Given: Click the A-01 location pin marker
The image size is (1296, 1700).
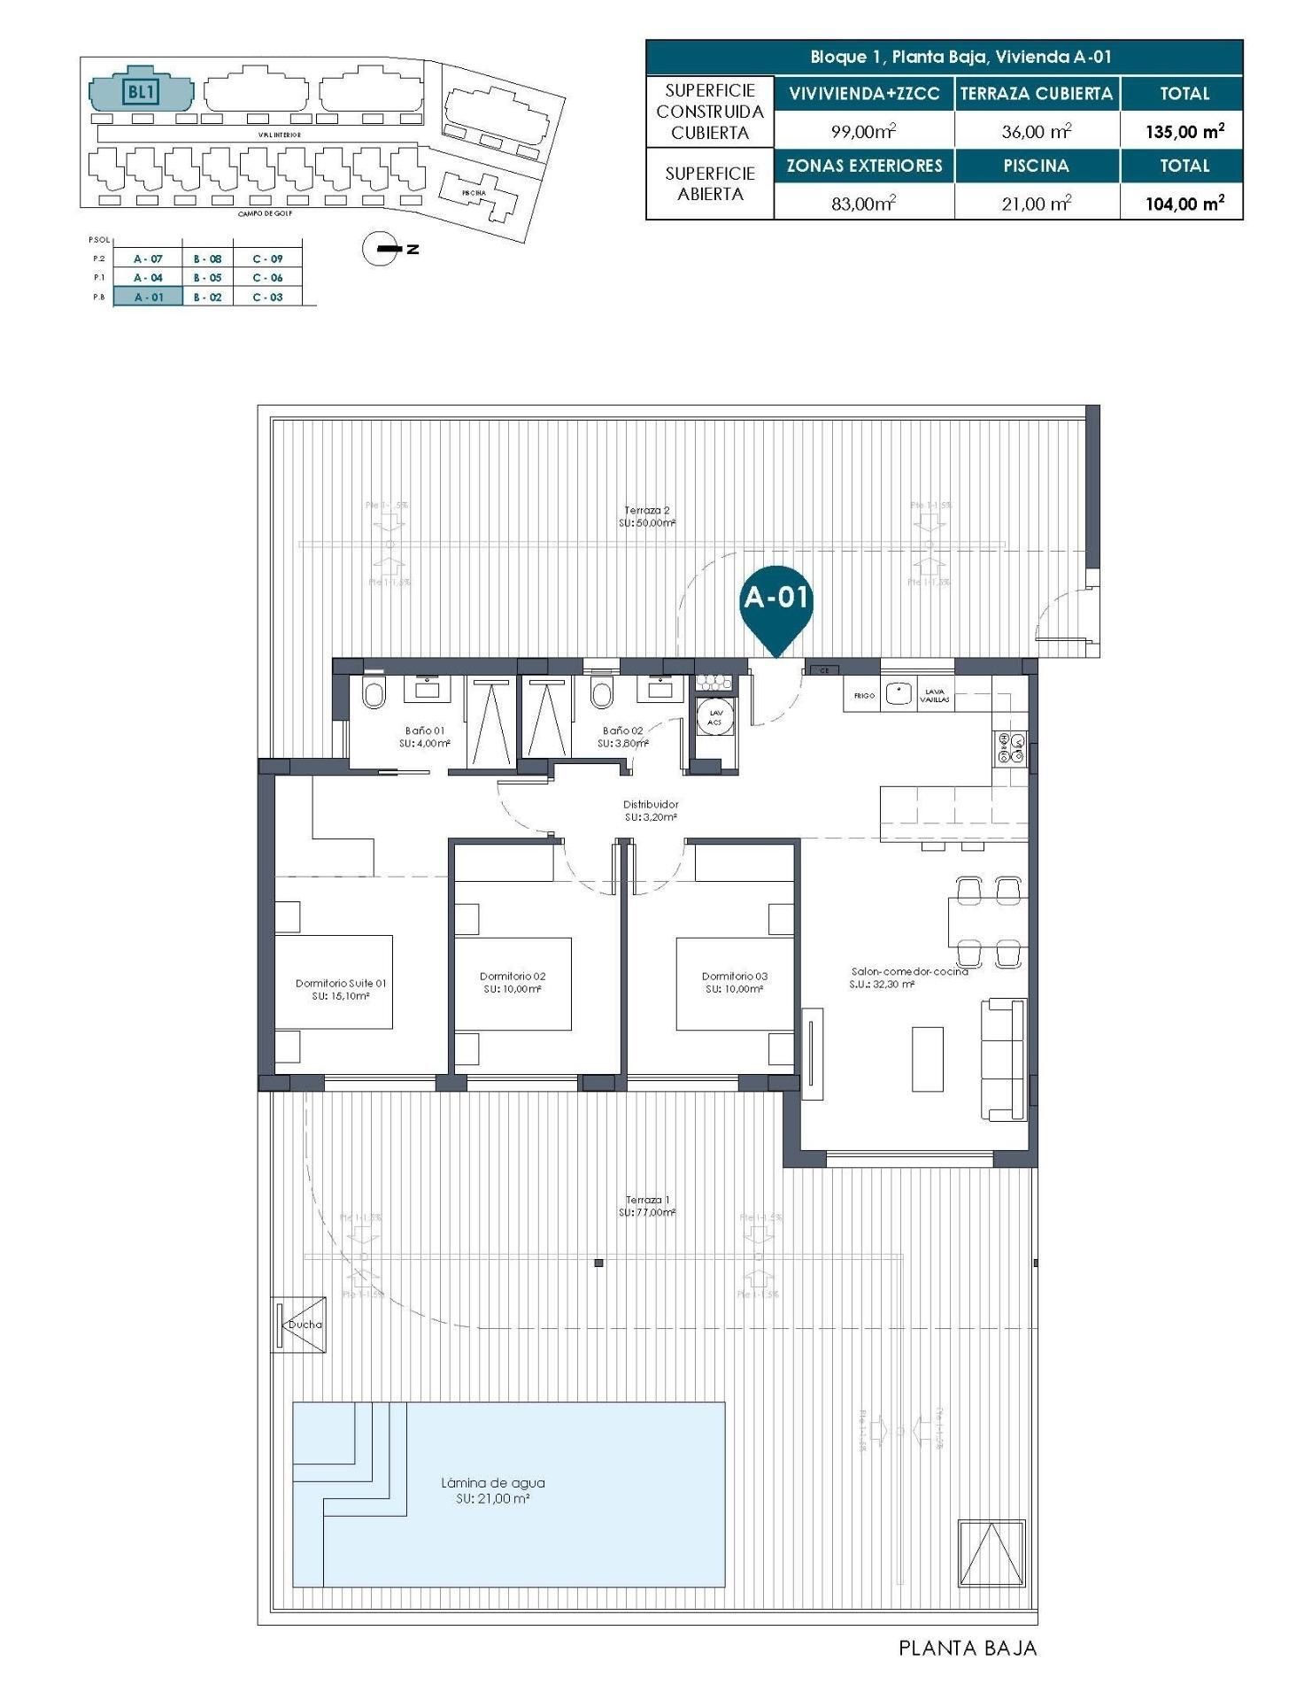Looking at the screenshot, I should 775,600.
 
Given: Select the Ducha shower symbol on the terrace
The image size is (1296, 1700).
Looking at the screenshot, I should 298,1324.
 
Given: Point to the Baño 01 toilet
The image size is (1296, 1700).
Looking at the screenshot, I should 374,694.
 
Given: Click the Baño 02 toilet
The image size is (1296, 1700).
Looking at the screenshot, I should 602,694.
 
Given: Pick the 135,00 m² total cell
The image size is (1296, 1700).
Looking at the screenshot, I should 1184,132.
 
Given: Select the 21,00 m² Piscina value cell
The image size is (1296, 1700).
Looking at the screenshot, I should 1036,204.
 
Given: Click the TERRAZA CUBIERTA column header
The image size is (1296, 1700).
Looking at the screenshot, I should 1036,94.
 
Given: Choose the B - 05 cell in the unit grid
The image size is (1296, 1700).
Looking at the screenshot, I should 208,278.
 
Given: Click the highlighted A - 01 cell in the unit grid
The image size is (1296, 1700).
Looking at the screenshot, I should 148,297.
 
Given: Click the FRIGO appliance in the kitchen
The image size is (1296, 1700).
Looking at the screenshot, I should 864,696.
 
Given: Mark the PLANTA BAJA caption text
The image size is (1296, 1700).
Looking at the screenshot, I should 967,1649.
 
